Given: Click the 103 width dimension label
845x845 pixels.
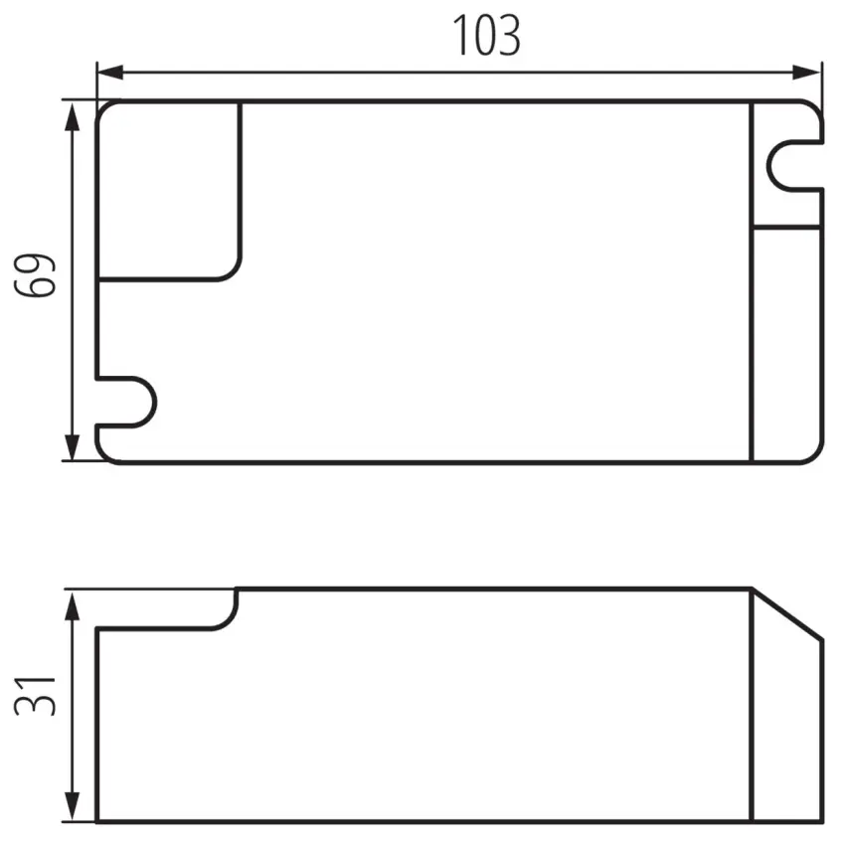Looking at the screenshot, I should click(487, 37).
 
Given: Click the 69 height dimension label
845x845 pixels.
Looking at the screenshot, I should click(35, 275).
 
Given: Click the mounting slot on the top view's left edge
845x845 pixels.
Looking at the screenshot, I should click(129, 403).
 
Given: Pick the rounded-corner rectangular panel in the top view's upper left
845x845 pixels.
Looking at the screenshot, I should click(169, 190).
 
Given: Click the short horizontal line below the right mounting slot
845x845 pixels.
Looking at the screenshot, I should click(787, 228).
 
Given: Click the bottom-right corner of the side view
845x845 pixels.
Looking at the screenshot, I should click(822, 821).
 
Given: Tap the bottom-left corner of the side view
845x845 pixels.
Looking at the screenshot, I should click(96, 821).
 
